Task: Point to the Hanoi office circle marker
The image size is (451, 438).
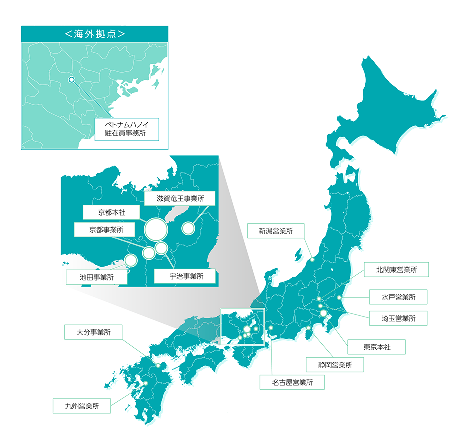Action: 71,79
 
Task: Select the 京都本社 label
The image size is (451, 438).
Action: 111,212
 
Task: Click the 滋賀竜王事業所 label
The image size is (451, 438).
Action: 180,198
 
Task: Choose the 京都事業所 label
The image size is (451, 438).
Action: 106,230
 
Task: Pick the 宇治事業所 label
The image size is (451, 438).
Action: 185,276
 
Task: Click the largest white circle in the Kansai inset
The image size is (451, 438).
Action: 156,229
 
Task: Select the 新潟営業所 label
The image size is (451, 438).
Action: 275,231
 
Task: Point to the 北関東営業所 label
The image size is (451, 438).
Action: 397,269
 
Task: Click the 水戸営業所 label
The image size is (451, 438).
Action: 398,297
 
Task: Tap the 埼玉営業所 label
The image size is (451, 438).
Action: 398,318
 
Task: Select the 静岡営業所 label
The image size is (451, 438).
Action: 335,365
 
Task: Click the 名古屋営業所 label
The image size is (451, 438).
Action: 292,383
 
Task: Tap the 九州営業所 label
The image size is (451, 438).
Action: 82,406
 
